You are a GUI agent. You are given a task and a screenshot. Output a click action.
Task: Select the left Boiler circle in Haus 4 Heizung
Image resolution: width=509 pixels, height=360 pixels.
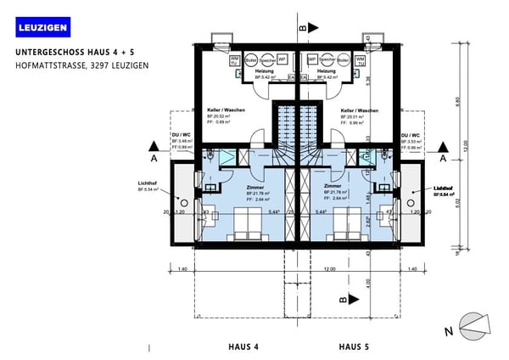[x=249, y=61]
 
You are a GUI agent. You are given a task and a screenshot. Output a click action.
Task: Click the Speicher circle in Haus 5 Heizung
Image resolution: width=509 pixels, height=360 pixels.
[x=327, y=61]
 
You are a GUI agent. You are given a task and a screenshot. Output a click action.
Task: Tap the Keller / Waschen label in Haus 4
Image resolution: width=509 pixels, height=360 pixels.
[x=226, y=110]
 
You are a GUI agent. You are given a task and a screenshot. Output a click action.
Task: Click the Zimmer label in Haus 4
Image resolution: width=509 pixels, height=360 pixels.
[x=255, y=188]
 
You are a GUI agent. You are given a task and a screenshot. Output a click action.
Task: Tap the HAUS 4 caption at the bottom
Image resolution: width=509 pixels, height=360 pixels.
[x=243, y=346]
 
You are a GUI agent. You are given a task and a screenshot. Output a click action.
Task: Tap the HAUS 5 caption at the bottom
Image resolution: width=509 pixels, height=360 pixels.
[x=354, y=346]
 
